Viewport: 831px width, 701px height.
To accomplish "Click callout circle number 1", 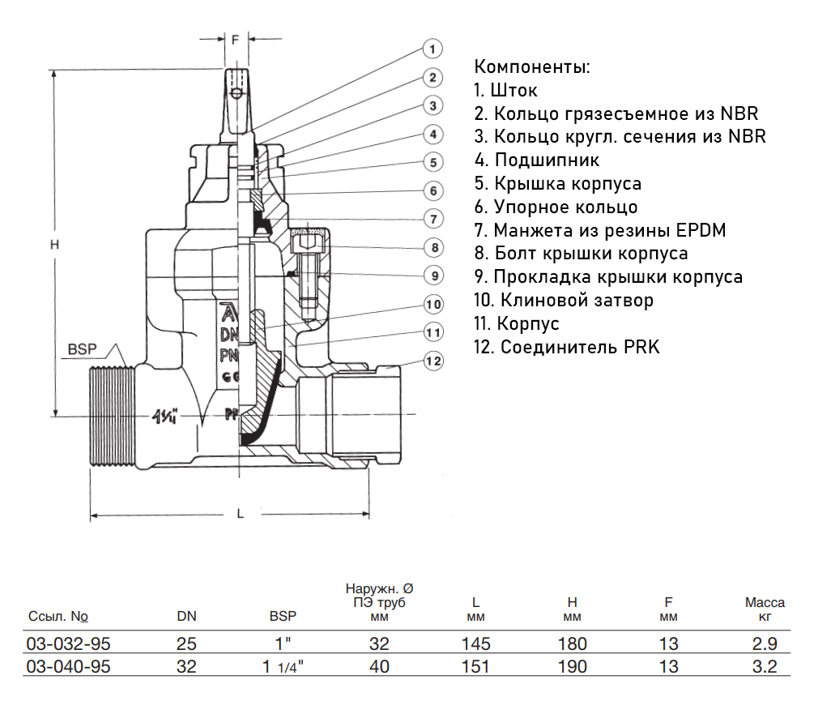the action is point(433,49).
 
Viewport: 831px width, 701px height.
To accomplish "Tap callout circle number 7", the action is point(433,219).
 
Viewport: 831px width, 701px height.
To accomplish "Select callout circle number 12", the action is point(433,361).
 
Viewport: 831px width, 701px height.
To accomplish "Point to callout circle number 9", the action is point(434,276).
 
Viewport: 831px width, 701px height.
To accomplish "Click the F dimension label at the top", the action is point(236,39).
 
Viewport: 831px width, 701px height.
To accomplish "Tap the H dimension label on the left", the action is point(54,245).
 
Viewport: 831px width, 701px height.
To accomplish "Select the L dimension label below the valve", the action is point(240,513).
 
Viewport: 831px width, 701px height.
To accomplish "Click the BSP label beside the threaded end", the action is point(82,349).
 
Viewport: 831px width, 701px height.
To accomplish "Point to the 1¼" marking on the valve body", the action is point(164,417).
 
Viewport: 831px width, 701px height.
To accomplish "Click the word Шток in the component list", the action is point(514,90).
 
